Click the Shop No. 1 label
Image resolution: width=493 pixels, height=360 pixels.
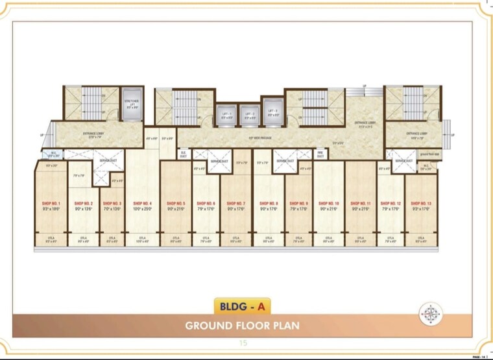pos(50,203)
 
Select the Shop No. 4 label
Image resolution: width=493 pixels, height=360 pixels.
pos(142,203)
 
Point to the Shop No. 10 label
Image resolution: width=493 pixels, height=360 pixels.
pos(329,203)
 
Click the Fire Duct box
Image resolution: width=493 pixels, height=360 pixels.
pos(320,154)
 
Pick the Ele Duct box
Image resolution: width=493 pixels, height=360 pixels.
pos(184,154)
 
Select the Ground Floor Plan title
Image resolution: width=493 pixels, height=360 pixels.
pos(242,325)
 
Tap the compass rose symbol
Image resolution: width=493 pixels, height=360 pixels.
pos(430,314)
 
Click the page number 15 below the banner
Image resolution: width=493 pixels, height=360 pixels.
pos(243,342)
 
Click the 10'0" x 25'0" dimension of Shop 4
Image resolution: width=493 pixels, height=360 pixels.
pos(142,209)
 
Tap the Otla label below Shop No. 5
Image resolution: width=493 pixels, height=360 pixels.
pos(176,238)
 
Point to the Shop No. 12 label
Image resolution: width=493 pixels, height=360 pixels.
pos(391,203)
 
